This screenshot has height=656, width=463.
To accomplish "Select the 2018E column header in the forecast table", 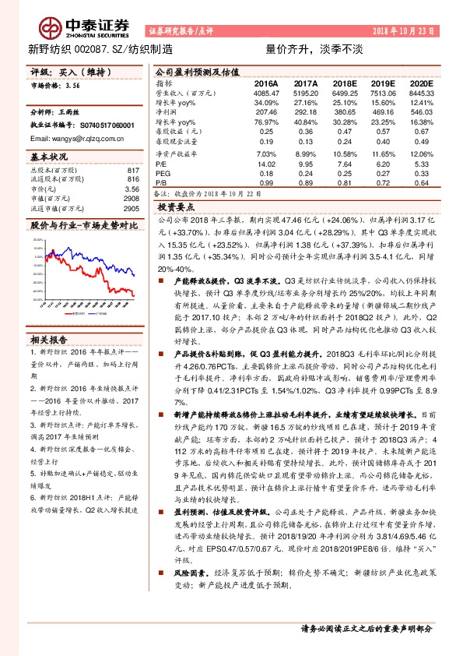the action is click(x=344, y=83).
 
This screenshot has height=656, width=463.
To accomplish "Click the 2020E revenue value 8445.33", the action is click(x=418, y=93).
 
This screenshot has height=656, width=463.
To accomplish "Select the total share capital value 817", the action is click(x=132, y=171).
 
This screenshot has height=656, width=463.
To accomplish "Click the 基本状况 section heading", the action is click(x=49, y=156).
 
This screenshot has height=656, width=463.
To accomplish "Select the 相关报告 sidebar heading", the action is click(x=49, y=318).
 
